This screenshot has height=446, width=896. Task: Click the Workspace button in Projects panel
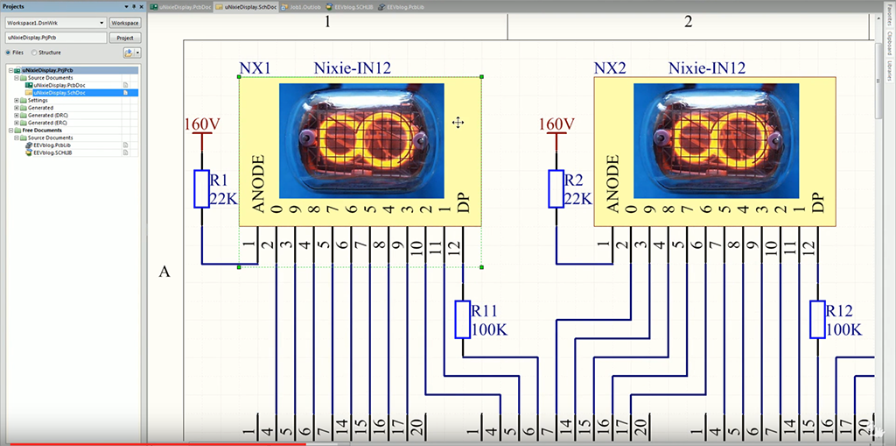[124, 23]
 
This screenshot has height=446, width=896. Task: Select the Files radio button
[9, 53]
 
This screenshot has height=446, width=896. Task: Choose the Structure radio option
[34, 53]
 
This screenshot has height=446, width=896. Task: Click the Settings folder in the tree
[31, 100]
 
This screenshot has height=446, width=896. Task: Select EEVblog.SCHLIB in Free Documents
[52, 152]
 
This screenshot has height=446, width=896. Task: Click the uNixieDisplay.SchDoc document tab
[251, 6]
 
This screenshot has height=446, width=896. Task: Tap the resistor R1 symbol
[202, 188]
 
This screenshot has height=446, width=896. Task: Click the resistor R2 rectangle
[556, 188]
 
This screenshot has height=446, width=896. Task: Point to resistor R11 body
[463, 319]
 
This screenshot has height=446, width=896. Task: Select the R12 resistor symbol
[817, 319]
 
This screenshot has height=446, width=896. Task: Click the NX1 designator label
[255, 68]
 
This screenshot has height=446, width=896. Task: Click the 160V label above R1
[203, 124]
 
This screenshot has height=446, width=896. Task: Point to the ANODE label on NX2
[612, 184]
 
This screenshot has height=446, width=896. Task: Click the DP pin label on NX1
[463, 202]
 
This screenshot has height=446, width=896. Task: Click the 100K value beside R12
[843, 329]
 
